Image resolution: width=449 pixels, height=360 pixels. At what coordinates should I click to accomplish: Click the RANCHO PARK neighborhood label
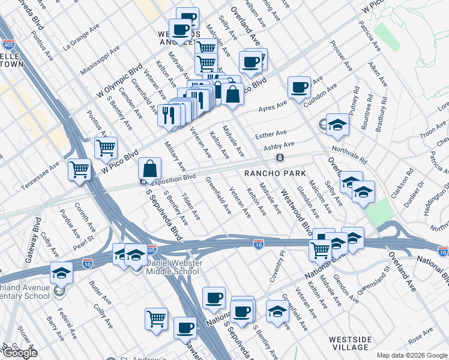tap(271, 173)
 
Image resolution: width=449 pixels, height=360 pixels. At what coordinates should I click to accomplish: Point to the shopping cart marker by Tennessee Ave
tap(79, 170)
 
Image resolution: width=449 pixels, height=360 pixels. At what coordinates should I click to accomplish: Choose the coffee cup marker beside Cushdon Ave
tap(298, 88)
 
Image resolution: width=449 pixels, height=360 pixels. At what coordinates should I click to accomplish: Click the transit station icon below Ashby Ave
tap(280, 158)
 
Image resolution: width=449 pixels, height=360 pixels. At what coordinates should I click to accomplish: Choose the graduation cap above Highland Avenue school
tap(61, 273)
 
